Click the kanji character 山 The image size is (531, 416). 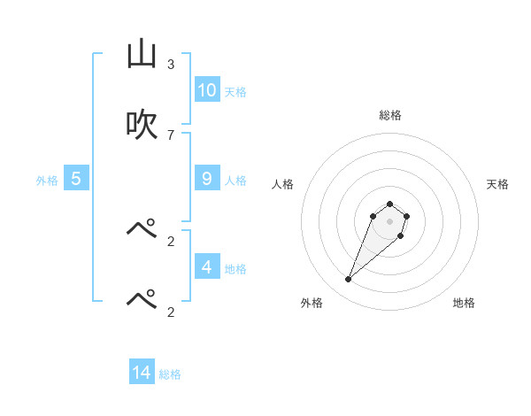tap(142, 55)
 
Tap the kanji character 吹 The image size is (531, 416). tap(142, 125)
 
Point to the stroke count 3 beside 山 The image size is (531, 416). tap(171, 65)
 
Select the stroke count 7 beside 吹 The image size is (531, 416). tap(171, 135)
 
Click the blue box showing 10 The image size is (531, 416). tap(207, 90)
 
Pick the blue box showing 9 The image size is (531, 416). tap(207, 179)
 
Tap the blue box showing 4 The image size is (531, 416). tap(207, 266)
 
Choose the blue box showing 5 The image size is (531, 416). tap(76, 179)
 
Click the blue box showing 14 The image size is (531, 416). tap(142, 373)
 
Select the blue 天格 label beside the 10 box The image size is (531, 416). tap(235, 92)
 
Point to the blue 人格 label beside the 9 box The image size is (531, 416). tap(235, 181)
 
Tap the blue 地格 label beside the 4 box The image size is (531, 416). tap(235, 268)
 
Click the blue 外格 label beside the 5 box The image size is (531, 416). tap(47, 181)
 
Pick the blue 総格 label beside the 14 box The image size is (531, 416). tap(170, 374)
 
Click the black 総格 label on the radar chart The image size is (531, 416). tap(390, 115)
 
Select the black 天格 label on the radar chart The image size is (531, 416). tap(497, 184)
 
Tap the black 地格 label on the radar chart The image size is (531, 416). tap(464, 303)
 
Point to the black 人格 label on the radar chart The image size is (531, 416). tap(283, 184)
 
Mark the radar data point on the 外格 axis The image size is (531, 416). tap(349, 280)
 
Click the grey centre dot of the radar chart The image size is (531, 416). tap(389, 221)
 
